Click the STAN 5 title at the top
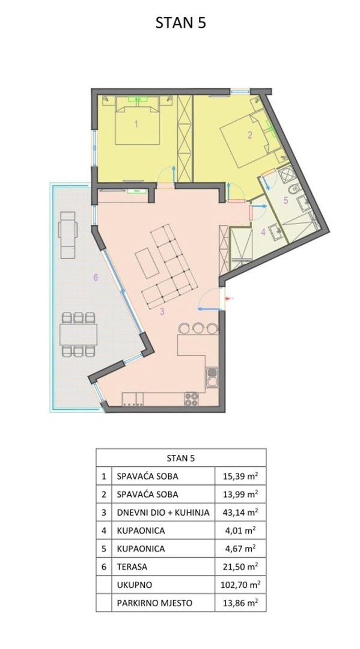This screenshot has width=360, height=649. (180, 23)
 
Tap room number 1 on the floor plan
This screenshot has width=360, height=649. (136, 123)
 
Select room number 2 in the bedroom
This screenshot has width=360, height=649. (249, 135)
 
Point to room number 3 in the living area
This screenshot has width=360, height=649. (162, 312)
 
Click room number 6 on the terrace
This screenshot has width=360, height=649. (96, 278)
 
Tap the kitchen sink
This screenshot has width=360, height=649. (212, 378)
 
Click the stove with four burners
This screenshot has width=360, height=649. (191, 399)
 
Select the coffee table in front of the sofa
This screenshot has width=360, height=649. (147, 263)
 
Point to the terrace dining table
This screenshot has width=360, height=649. (78, 335)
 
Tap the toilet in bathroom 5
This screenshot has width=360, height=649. (295, 189)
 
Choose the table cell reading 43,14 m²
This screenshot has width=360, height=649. (240, 513)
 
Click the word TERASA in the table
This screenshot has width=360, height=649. (132, 567)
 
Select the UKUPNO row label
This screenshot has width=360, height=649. (135, 585)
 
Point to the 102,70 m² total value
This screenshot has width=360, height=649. (240, 585)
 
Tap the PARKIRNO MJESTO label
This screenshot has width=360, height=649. (155, 603)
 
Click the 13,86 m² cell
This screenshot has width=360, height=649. (240, 603)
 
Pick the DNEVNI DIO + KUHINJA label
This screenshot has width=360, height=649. (163, 513)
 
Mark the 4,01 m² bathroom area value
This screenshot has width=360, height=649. (240, 531)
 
